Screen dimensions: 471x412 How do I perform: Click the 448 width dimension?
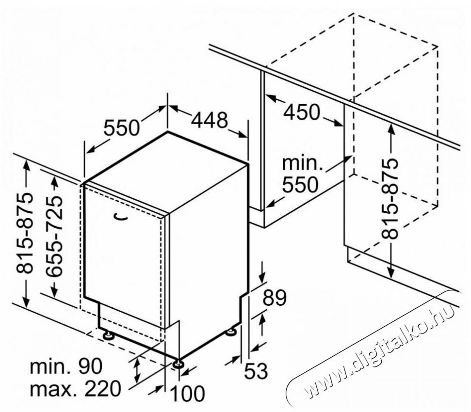coord(210,120)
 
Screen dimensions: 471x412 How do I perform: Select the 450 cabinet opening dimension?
coord(302,112)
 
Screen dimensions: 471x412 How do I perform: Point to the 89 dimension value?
coord(275,298)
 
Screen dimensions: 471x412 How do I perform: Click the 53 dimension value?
coord(256,371)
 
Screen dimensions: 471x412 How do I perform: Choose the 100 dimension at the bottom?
coord(187,393)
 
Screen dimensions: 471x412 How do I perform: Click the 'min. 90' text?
coord(66,366)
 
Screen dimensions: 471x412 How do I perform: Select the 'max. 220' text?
coord(75,389)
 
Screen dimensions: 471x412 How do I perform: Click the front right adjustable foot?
coord(179,364)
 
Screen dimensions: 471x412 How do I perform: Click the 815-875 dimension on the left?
coord(24,234)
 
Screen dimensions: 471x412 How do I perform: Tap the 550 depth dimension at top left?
coord(122,127)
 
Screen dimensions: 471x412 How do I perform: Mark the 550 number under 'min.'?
coord(300,184)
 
